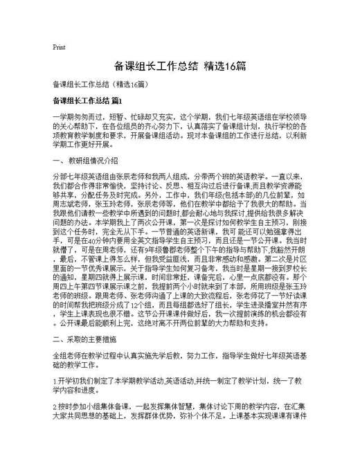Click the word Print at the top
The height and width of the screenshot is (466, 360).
59,47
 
